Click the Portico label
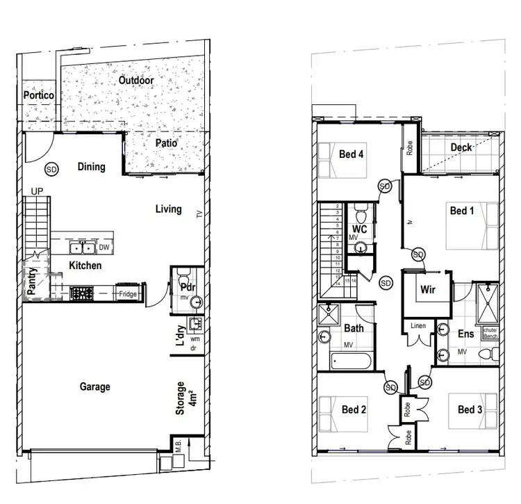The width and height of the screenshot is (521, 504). pos(39,95)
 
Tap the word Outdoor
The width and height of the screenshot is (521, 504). pos(135,81)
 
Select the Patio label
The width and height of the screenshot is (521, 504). pos(166,143)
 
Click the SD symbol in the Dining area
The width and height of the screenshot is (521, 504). pos(51,169)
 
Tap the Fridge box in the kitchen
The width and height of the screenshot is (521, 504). pos(128,294)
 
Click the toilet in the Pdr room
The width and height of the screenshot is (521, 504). pos(182,275)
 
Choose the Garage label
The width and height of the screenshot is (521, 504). pos(94,387)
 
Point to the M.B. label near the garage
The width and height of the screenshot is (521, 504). pos(178,448)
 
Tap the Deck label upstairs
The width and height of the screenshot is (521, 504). pos(462,147)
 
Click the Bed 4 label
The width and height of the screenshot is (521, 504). pos(352,154)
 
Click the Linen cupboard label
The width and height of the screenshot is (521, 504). pos(417,326)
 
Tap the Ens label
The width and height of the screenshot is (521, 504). pos(465,334)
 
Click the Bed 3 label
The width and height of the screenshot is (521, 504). pos(470,409)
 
